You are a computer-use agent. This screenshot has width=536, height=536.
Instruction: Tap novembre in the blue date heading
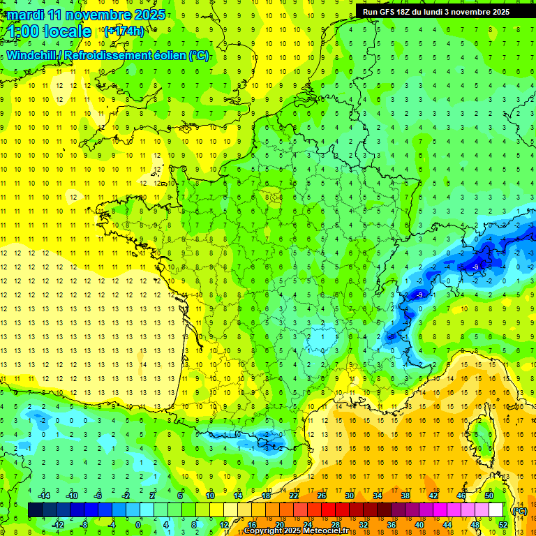tap(101, 15)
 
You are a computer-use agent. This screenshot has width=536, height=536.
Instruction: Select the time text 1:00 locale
tap(50, 31)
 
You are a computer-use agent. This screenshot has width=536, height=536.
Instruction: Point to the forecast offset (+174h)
tap(124, 31)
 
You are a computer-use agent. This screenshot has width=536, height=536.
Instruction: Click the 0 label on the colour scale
tap(137, 524)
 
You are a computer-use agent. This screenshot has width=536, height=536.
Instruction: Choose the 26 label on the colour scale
tap(322, 496)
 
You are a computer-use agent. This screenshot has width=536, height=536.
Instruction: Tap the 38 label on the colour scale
tap(405, 496)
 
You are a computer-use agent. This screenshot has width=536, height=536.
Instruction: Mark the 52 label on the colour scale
tap(503, 524)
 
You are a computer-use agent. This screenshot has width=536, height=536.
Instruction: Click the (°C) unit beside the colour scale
tap(519, 510)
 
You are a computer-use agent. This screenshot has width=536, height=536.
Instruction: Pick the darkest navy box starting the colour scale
tap(35, 510)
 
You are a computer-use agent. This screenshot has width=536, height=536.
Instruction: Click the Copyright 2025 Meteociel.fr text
tap(296, 531)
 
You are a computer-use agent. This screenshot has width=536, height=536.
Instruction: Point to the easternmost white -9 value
tap(475, 267)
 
